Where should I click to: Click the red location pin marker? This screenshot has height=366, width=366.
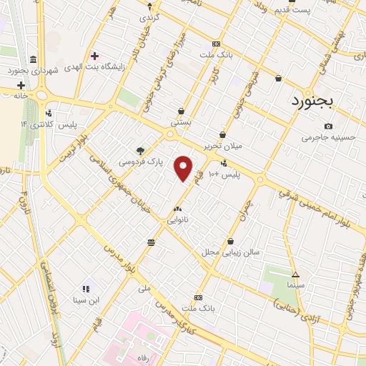click(184, 168)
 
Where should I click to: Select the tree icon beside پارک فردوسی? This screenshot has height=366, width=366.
click(140, 150)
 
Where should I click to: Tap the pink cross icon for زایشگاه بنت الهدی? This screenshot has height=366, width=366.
click(94, 56)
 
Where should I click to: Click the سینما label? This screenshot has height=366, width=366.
click(295, 285)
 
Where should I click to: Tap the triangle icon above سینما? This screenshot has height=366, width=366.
click(295, 274)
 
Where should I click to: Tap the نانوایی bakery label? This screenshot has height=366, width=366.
click(177, 220)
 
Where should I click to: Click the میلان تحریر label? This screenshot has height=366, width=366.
click(223, 145)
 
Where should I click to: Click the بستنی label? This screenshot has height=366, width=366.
click(181, 122)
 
